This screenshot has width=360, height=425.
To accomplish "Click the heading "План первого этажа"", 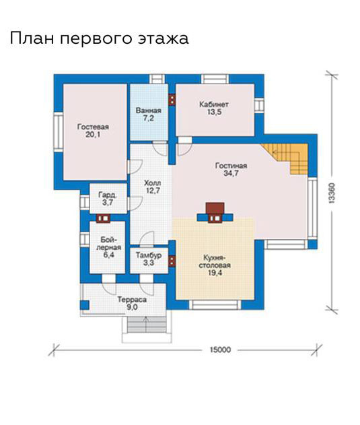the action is point(99,38).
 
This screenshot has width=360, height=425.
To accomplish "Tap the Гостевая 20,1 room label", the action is point(93,131).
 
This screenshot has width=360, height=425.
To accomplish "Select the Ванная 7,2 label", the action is point(149,115).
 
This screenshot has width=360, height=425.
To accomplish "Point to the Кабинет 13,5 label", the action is point(214,108).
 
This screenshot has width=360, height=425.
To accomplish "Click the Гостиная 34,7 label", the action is point(231,170).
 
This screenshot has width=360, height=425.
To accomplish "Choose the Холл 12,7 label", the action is point(153,187).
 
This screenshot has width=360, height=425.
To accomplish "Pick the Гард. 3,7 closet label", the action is point(108,199).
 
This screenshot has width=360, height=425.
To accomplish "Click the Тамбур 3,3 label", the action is point(149,259).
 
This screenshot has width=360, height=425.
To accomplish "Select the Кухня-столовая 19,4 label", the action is point(215,265).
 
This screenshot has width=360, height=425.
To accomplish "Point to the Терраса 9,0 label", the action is point(132,303).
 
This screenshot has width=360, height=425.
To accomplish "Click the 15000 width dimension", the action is point(220,350).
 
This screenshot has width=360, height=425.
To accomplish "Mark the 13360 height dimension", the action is point(332,193).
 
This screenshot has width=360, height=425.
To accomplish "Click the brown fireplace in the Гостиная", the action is point(215,213).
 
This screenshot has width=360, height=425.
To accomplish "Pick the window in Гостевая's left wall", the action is point(58,132).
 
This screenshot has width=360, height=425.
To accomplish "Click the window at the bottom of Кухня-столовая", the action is point(215,305).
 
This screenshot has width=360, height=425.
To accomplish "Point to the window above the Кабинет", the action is point(215,79).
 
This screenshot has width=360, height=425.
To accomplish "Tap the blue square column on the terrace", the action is point(85,305).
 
